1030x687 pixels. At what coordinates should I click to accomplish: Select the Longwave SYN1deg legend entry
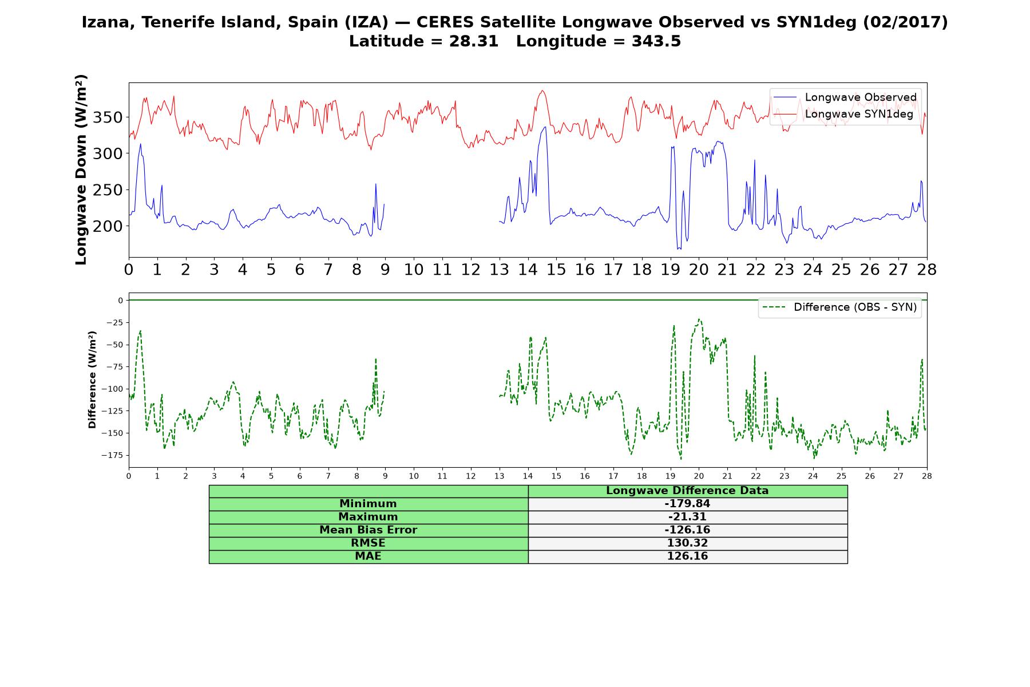[x=843, y=114]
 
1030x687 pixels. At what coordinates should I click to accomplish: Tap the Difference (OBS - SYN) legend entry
[x=840, y=307]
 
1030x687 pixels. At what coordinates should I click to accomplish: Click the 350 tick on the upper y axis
[x=111, y=117]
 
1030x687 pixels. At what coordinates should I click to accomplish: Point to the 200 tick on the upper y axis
[x=111, y=226]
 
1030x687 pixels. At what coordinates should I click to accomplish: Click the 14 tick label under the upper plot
[x=528, y=270]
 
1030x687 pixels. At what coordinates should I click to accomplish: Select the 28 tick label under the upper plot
[x=927, y=270]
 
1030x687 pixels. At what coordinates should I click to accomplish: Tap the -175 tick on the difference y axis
[x=113, y=455]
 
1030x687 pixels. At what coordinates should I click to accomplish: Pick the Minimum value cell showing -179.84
[x=687, y=504]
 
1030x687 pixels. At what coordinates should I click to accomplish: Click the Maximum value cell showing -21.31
[x=687, y=517]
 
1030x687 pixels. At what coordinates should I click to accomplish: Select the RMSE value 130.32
[x=687, y=543]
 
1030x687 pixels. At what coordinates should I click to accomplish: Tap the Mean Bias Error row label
[x=369, y=530]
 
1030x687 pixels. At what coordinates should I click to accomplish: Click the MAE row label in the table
[x=369, y=556]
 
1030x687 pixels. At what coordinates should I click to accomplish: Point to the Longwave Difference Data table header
[x=687, y=491]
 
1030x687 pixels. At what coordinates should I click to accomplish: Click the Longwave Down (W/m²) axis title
[x=81, y=169]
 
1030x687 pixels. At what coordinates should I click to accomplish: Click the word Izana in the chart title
[x=108, y=22]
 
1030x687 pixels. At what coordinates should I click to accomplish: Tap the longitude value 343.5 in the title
[x=656, y=41]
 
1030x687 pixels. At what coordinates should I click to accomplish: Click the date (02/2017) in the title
[x=905, y=22]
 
